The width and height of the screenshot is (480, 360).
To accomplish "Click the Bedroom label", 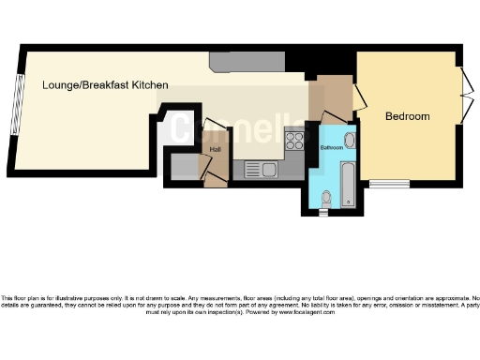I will pyautogui.click(x=408, y=116).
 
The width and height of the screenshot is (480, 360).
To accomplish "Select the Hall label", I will pyautogui.click(x=215, y=149).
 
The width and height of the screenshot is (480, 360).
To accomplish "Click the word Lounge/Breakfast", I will pyautogui.click(x=76, y=85).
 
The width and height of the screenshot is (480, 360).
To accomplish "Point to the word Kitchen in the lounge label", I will pyautogui.click(x=150, y=85).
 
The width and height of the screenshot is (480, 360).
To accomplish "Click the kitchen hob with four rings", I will pyautogui.click(x=294, y=141).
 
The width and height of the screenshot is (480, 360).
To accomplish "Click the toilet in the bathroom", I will pyautogui.click(x=325, y=199).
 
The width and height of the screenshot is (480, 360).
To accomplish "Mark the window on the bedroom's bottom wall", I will pyautogui.click(x=382, y=183).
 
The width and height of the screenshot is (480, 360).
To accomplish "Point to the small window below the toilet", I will pyautogui.click(x=325, y=212).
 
